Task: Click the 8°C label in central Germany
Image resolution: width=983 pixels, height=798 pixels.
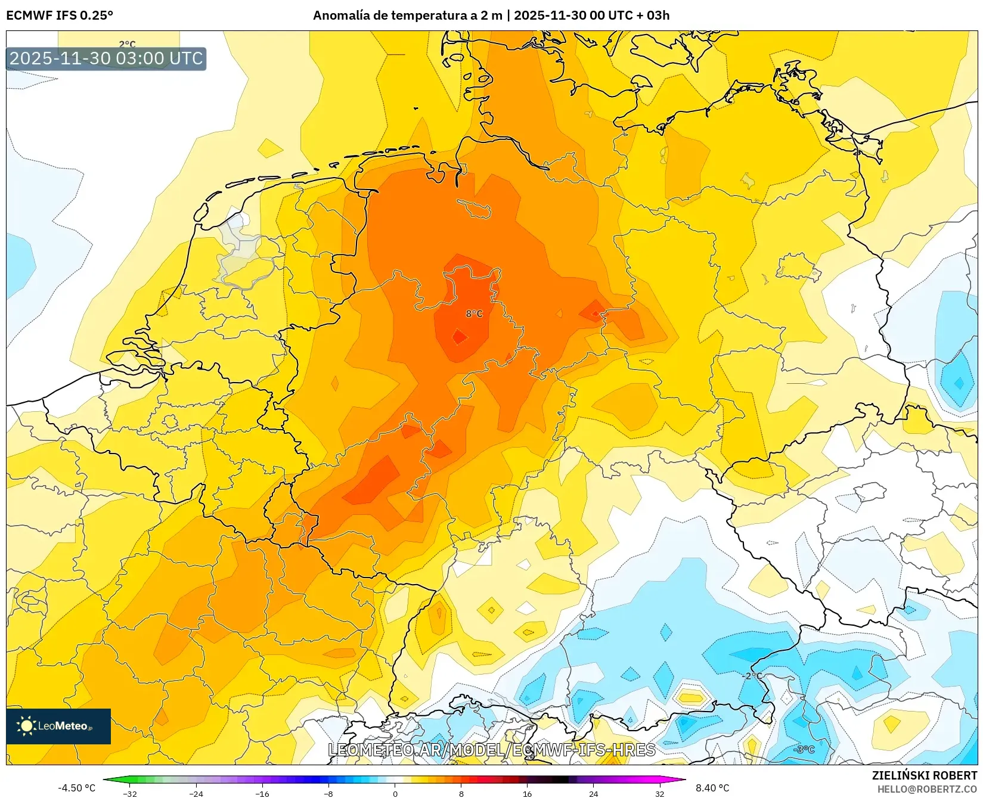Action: pos(474,314)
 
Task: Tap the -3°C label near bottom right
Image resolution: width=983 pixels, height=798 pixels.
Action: pos(805,749)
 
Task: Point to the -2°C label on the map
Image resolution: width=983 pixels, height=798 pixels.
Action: pos(753,676)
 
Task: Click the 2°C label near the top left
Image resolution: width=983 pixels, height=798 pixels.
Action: pos(127,44)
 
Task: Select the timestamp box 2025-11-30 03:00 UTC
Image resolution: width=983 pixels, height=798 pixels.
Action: pos(106,58)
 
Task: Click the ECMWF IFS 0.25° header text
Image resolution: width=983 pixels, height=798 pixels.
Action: pos(60,15)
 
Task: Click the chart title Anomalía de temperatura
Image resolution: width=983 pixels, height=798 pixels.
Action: pos(491,15)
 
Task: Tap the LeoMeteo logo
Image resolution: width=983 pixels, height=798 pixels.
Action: pos(58,726)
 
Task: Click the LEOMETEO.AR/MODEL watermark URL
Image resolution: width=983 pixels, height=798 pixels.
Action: pos(492,750)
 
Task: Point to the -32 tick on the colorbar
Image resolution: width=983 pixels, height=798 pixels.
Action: pos(130,793)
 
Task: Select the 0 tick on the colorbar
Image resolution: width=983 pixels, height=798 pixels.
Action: pos(395,793)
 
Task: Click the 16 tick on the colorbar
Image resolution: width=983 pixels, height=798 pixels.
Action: pos(527,793)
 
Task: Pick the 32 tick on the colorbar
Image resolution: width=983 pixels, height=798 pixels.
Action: pos(659,793)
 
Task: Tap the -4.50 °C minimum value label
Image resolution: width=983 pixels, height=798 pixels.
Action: pos(76,788)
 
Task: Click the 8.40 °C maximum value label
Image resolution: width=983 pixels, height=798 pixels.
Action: pos(712,788)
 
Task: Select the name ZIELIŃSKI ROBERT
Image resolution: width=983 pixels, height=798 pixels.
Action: pos(925,775)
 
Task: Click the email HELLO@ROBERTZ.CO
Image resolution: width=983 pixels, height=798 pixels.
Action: pos(926,789)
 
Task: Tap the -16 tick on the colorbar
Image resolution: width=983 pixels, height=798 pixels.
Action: pos(262,793)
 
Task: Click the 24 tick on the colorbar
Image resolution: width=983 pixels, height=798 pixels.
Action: pos(593,793)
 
